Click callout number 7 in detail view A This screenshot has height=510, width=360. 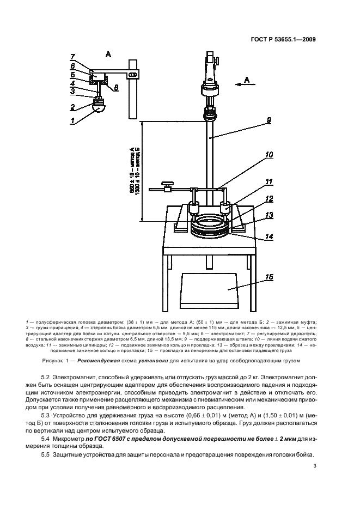click(x=72, y=57)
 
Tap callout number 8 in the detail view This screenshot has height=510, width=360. click(x=116, y=87)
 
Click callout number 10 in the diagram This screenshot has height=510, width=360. click(x=269, y=155)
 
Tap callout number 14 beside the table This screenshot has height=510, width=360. click(x=269, y=237)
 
